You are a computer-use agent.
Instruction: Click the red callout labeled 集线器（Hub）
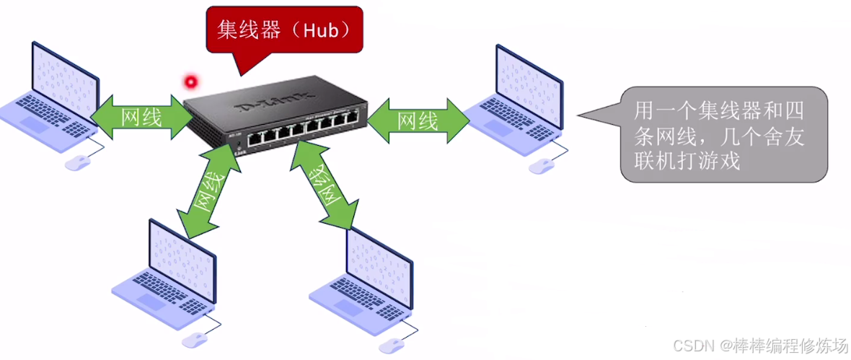[x=283, y=30]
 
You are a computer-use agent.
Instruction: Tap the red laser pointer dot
[x=191, y=81]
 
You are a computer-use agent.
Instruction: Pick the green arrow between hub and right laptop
[x=418, y=119]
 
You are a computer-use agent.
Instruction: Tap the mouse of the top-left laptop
[x=76, y=164]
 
